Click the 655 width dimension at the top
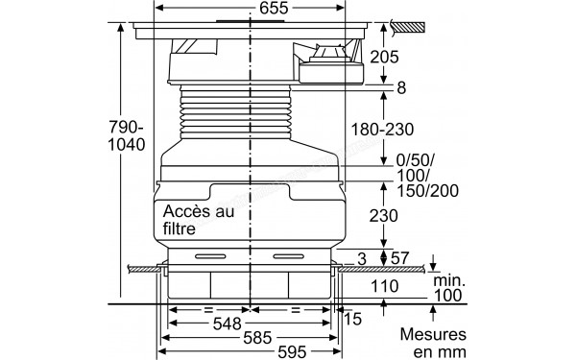[x=250, y=9]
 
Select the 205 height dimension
[x=411, y=57]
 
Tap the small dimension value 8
[x=401, y=88]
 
